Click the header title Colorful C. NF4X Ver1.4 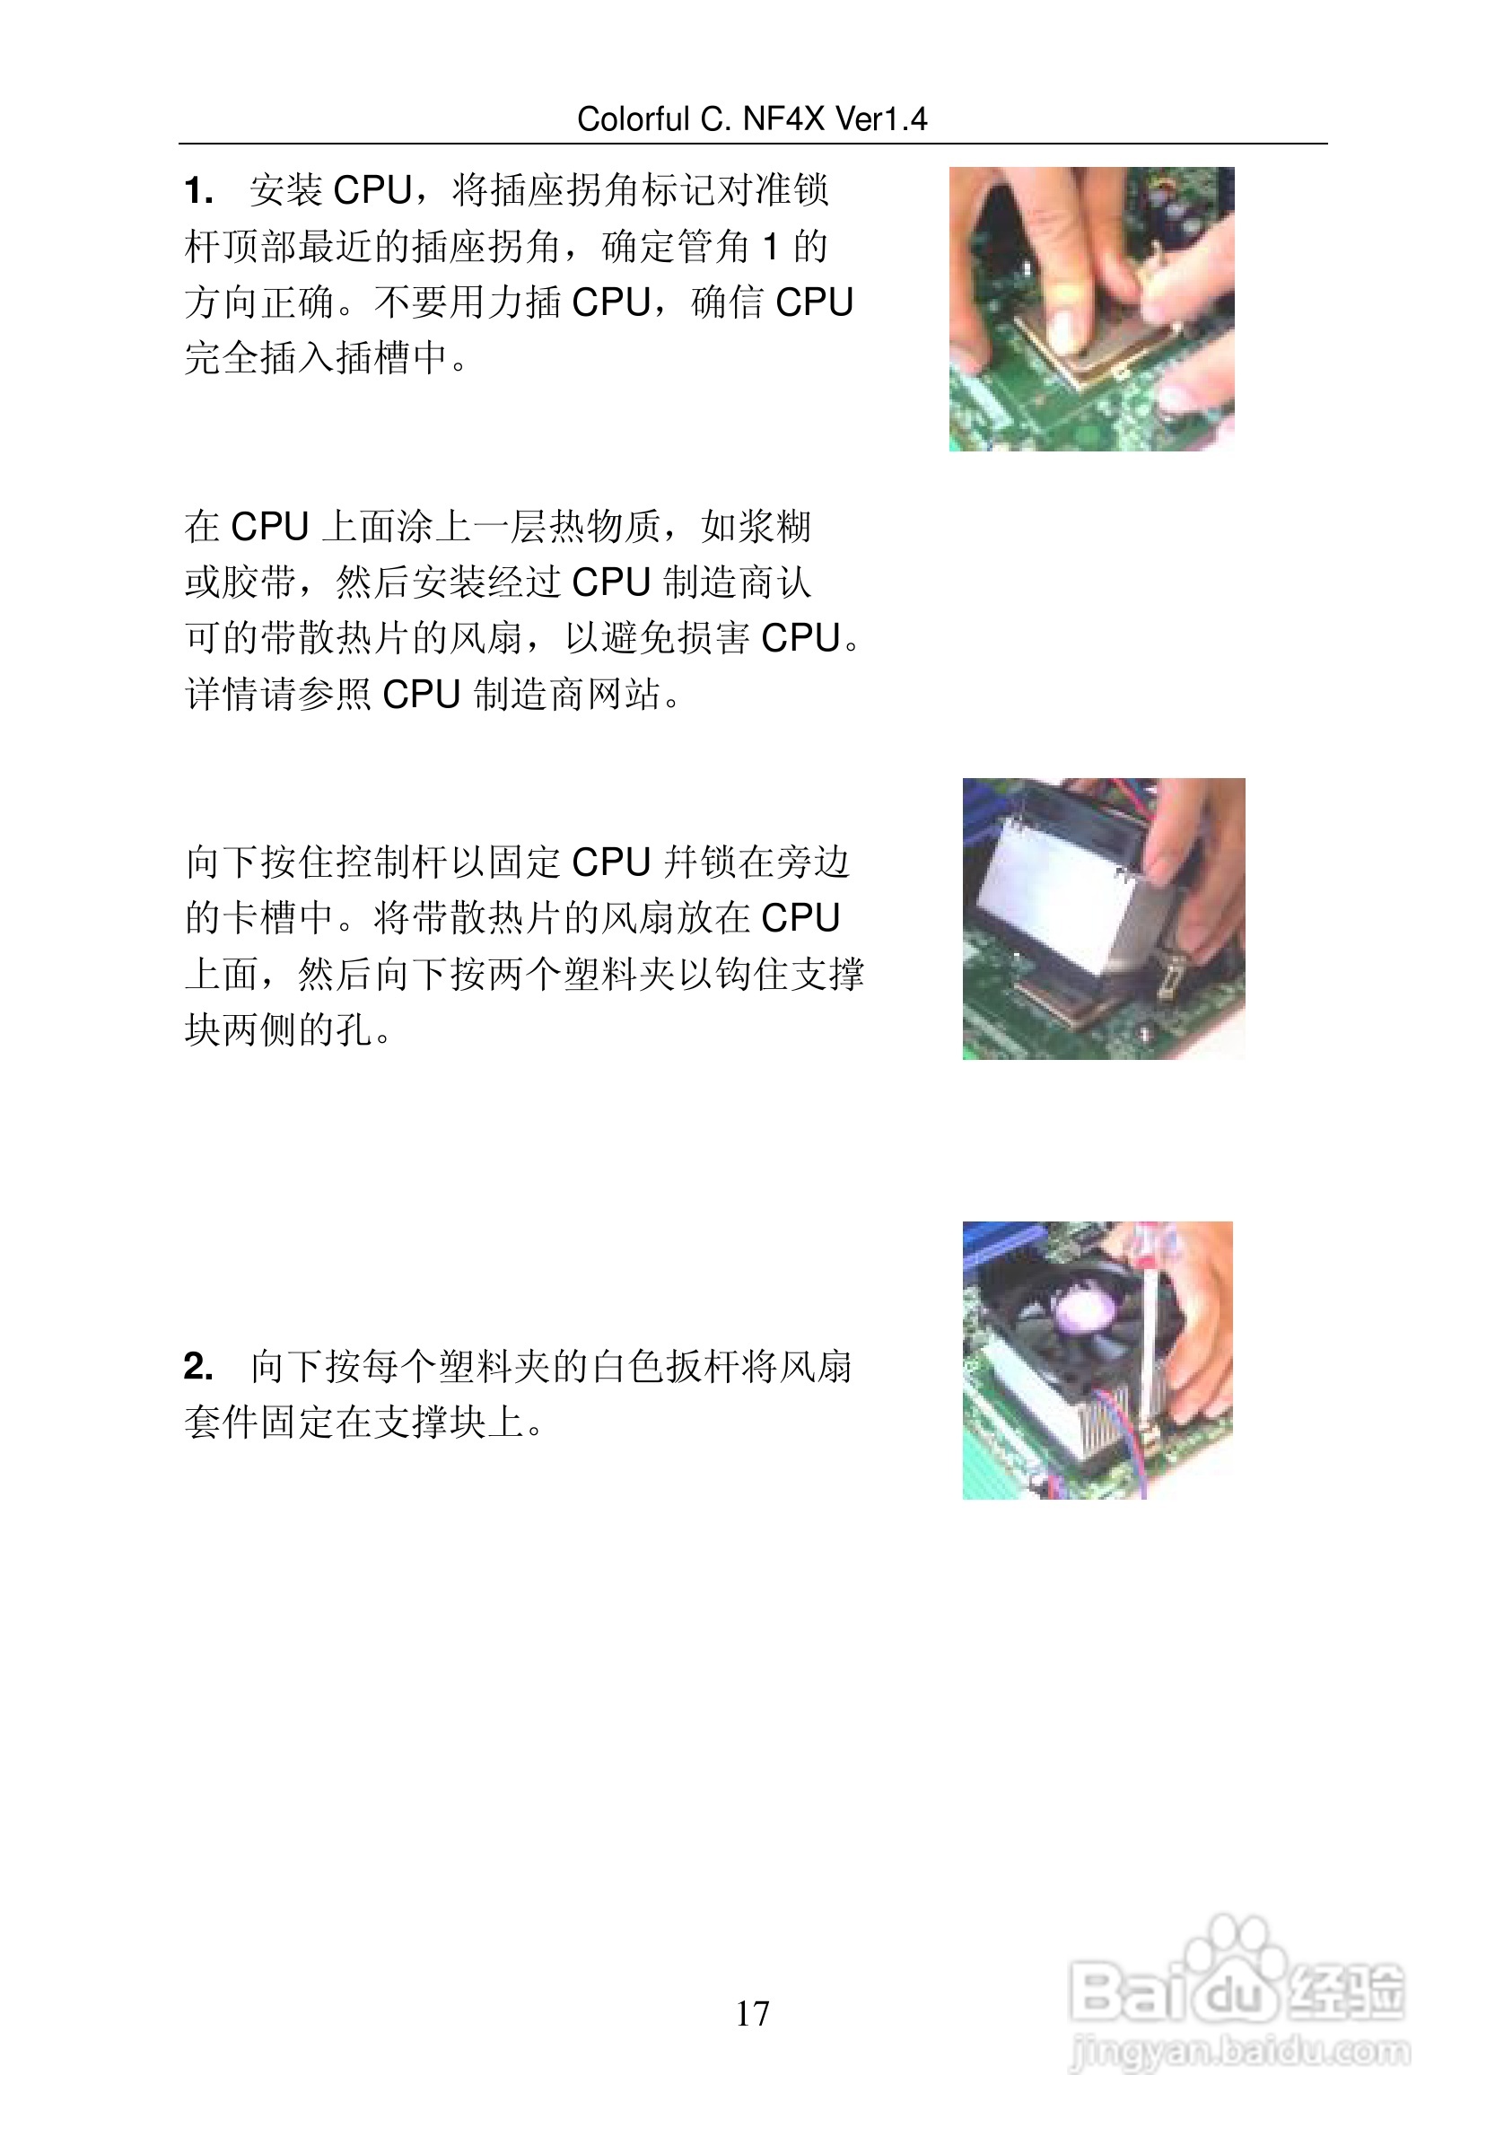point(751,119)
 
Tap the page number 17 point(751,2014)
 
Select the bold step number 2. point(198,1367)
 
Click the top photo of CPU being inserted point(1091,309)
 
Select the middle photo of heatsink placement point(1103,918)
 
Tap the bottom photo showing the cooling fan point(1097,1359)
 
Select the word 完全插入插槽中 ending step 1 point(316,358)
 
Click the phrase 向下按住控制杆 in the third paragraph point(316,862)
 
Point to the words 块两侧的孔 point(279,1030)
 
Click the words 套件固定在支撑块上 point(354,1423)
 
